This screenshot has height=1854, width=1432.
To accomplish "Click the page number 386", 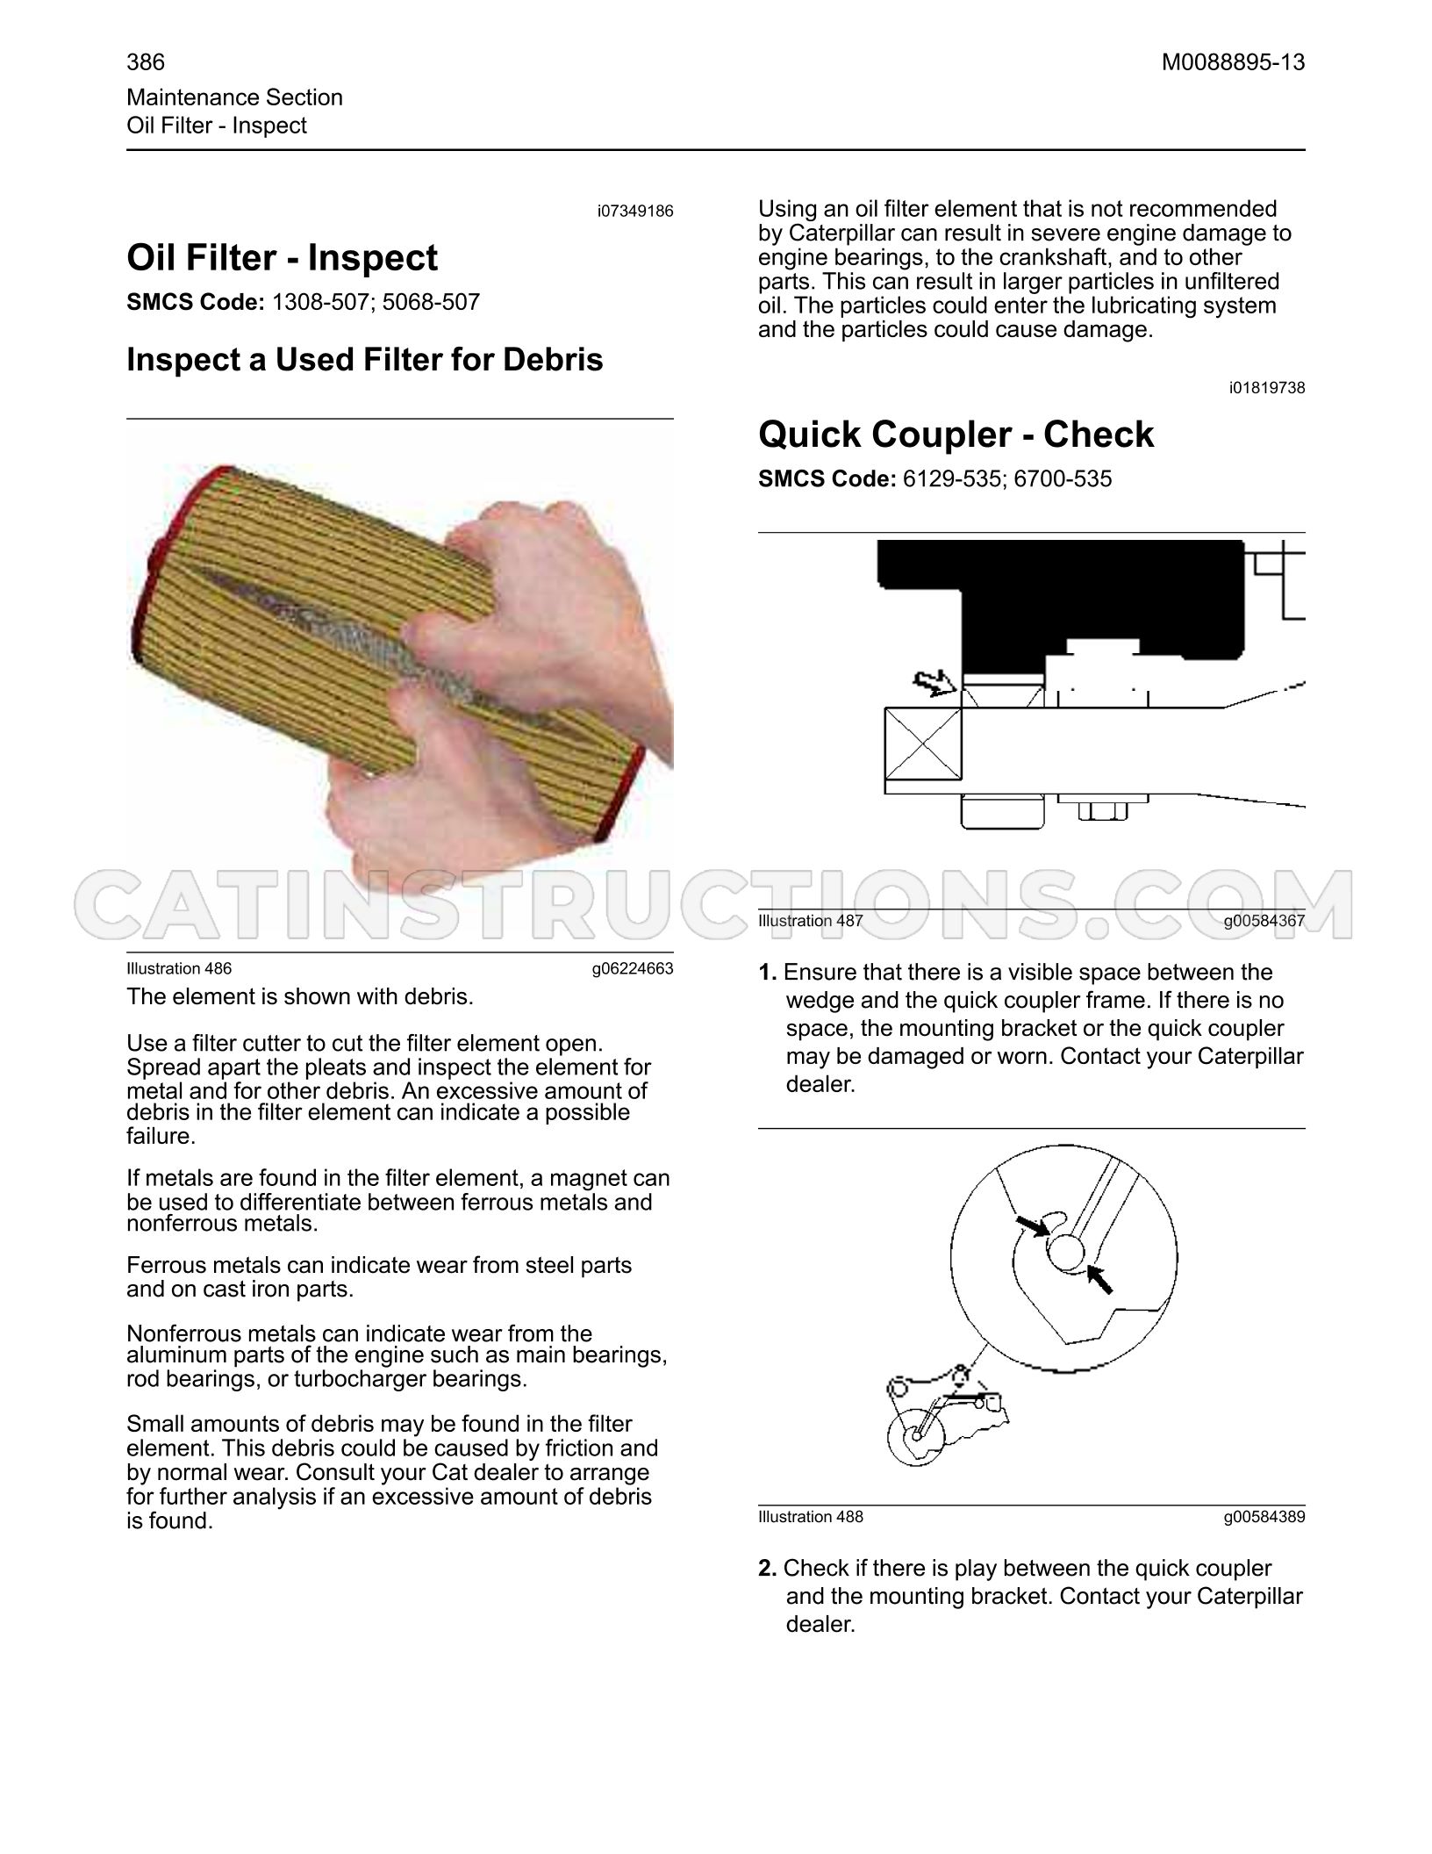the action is pos(146,62).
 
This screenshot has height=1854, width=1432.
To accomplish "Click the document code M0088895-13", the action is pos(1234,62).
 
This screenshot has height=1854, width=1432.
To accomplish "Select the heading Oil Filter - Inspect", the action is pos(282,258).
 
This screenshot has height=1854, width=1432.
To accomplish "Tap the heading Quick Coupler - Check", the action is pos(956,435).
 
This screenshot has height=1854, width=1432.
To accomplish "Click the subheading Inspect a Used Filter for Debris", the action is pos(365,360).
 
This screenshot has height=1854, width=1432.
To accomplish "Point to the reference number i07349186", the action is pos(635,212).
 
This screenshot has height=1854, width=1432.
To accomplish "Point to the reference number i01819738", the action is pos(1267,388).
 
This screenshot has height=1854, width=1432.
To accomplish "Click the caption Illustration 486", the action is pos(179,969).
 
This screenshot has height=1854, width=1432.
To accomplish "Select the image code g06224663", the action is pos(633,969).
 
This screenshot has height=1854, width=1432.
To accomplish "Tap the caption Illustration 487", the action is pos(811,921).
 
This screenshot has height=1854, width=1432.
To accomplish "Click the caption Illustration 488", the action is pos(811,1517).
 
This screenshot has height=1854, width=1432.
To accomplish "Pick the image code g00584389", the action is pos(1264,1517).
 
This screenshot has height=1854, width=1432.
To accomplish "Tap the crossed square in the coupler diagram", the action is pos(923,744).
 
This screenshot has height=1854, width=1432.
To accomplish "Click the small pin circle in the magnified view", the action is pos(1066,1251).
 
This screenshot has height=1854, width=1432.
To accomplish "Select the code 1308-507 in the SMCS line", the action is pos(323,303).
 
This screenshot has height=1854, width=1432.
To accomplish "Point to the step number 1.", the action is pos(768,973).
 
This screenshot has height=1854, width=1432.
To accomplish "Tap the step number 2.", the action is pos(768,1569).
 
